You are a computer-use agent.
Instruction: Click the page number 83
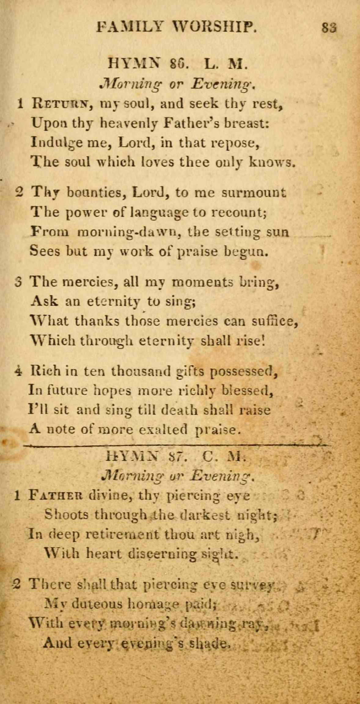pos(329,28)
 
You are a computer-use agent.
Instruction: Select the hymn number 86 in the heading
pos(177,65)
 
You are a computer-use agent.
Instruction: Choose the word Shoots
pos(67,515)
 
